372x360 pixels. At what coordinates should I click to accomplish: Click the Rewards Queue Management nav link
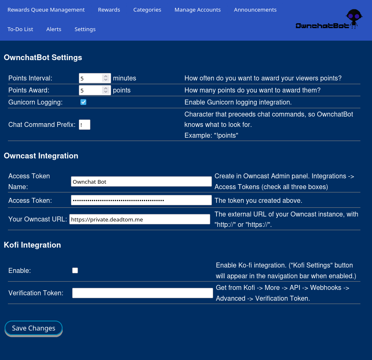click(46, 10)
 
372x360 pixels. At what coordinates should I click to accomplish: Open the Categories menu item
click(147, 10)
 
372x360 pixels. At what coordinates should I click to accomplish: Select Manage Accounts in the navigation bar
click(197, 10)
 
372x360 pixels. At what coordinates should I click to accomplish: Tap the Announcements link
click(255, 10)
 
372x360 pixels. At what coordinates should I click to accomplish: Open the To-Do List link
click(20, 29)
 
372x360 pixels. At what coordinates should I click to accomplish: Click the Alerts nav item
click(54, 29)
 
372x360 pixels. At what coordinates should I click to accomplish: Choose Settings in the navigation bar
click(85, 29)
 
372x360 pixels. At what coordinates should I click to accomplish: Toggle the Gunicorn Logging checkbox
click(83, 102)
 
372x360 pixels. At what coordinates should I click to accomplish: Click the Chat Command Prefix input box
click(85, 124)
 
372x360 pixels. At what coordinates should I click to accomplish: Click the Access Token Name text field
click(141, 181)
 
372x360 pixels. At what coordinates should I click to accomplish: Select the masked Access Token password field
click(141, 200)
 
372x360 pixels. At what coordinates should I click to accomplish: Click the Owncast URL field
click(140, 219)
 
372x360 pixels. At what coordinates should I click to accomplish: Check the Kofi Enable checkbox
click(75, 270)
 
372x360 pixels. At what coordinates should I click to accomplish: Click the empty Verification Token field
click(143, 293)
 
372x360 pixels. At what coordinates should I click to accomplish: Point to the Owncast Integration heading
click(41, 156)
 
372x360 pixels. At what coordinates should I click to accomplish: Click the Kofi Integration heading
click(32, 245)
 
